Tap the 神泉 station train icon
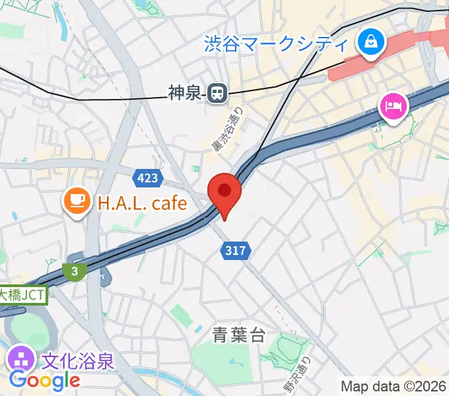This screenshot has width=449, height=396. (x=216, y=94)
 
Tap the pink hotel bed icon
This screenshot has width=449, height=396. (x=392, y=106)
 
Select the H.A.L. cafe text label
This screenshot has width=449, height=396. (x=143, y=203)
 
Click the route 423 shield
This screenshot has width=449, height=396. (x=147, y=178)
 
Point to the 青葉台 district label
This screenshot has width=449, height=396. (x=240, y=336)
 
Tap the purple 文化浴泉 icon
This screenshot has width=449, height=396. (x=21, y=360)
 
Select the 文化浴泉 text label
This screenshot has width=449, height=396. (x=78, y=362)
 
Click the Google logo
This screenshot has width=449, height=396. (x=44, y=380)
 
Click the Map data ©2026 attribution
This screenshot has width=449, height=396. (x=394, y=386)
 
